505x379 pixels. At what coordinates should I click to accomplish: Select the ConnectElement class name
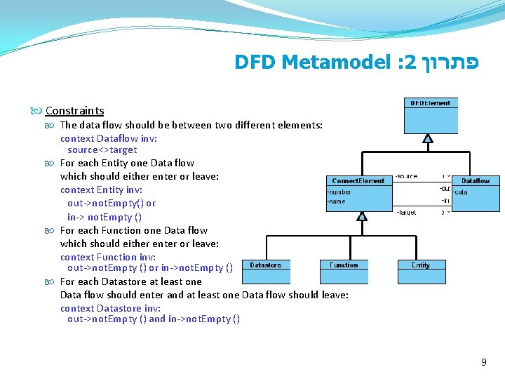358,181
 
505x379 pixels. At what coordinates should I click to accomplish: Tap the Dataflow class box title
475,181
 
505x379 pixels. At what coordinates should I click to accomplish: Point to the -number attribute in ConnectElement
339,192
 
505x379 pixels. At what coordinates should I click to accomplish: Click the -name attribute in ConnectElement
337,201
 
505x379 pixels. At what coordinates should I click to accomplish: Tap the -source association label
407,176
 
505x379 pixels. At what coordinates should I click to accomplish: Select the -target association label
407,211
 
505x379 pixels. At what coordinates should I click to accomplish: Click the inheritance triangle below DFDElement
428,139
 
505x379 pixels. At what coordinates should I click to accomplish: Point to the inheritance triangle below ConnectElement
362,216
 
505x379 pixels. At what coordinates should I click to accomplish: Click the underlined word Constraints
74,110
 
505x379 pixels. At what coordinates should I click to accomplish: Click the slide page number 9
483,362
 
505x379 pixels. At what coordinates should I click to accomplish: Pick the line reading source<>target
102,150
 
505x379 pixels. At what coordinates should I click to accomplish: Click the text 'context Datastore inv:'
110,308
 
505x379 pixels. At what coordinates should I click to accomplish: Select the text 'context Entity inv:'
101,189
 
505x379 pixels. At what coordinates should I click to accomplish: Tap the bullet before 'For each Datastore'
50,282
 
